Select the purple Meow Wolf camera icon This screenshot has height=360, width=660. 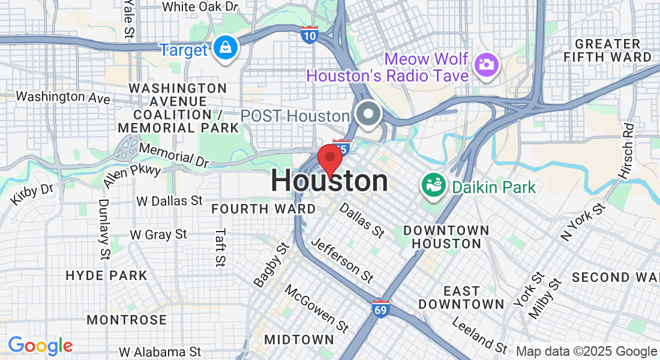click(x=487, y=64)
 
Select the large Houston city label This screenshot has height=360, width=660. click(x=329, y=181)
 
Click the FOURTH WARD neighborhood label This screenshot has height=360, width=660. click(x=263, y=209)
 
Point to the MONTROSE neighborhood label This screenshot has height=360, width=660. click(x=127, y=320)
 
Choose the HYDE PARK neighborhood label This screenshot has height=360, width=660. click(x=106, y=276)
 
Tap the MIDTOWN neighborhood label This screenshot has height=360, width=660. click(x=299, y=340)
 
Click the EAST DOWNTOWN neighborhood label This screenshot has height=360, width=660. click(x=461, y=298)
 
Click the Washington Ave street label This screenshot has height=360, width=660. click(x=63, y=97)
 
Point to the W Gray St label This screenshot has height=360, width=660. click(x=158, y=235)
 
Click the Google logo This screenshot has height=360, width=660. click(x=40, y=346)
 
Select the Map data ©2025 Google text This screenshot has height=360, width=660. click(x=586, y=352)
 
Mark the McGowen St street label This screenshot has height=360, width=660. click(x=317, y=308)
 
